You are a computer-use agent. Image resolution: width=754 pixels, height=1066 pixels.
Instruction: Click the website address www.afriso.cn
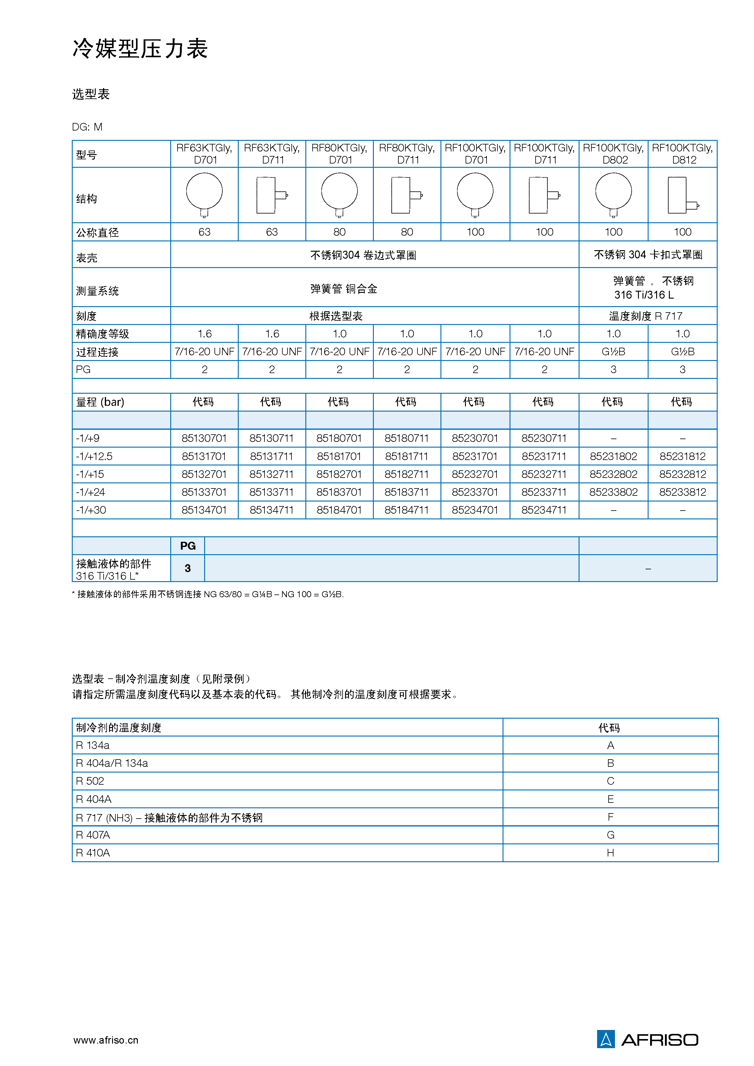[x=106, y=1040]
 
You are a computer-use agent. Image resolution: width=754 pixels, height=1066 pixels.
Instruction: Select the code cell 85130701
[x=204, y=438]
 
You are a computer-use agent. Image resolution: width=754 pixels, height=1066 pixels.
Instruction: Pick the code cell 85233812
[x=682, y=492]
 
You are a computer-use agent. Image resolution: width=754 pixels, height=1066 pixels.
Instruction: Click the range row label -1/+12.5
[x=94, y=456]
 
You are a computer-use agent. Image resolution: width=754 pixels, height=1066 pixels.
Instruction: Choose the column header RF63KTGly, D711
[x=272, y=154]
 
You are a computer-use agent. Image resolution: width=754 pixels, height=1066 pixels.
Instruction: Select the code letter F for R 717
[x=610, y=817]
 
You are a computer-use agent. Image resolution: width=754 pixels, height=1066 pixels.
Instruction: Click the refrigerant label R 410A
[x=93, y=853]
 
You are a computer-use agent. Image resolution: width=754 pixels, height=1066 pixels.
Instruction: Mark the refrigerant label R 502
[x=90, y=781]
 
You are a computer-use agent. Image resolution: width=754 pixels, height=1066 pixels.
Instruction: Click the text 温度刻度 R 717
[x=645, y=316]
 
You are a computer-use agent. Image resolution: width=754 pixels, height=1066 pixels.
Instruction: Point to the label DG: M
[x=87, y=127]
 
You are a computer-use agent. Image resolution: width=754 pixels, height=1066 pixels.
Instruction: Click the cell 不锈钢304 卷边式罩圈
[x=363, y=255]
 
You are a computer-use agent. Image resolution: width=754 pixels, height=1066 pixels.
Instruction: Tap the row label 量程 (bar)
[x=100, y=402]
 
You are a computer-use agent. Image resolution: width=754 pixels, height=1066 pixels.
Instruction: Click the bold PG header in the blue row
[x=188, y=546]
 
